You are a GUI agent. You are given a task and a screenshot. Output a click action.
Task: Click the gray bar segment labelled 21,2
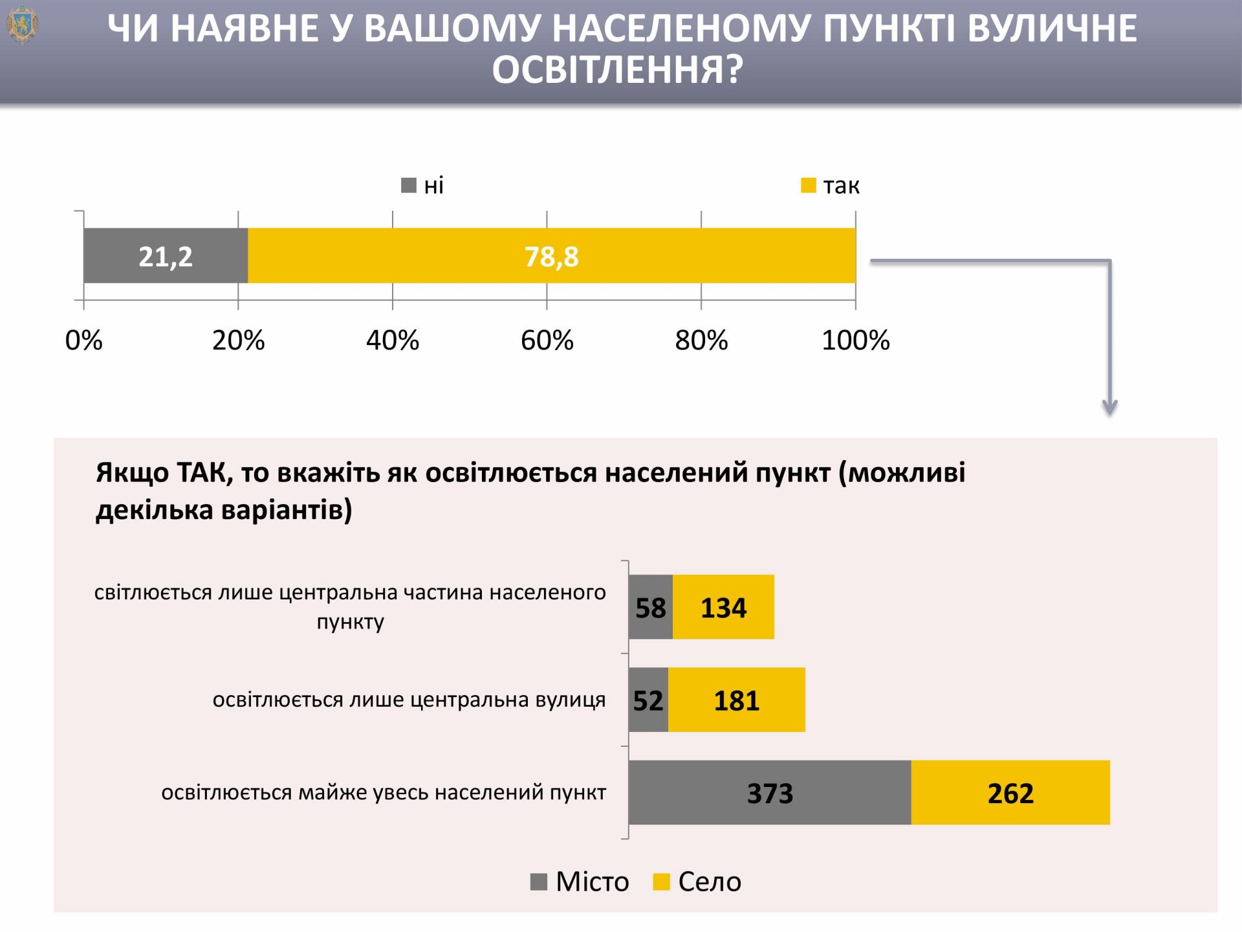coord(166,256)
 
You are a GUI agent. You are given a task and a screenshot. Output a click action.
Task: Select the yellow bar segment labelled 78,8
coord(551,256)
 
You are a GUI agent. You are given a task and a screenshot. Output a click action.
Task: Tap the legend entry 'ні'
coord(424,186)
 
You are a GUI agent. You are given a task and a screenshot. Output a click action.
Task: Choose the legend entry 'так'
coord(831,186)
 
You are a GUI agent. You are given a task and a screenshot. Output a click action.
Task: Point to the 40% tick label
coord(393,340)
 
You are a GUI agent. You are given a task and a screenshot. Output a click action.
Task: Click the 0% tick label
coord(84,340)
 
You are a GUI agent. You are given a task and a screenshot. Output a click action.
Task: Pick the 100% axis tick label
coord(855,340)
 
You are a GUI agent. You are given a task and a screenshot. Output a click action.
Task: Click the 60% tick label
coord(547,340)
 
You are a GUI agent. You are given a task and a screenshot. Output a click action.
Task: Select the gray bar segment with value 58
coord(650,607)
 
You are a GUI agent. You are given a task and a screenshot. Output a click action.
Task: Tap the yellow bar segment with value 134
coord(723,607)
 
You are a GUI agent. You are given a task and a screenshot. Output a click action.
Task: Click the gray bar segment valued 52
coord(648,700)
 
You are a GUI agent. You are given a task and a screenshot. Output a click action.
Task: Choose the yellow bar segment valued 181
coord(736,700)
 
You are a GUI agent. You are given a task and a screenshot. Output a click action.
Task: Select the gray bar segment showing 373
coord(770,792)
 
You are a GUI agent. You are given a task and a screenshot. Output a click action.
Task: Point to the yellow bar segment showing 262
coord(1010,792)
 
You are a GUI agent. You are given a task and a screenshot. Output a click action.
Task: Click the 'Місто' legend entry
coord(580,882)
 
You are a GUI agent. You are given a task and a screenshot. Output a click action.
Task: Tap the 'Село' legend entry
coord(698,882)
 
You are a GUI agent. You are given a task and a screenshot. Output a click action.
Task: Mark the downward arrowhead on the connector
coord(1110,408)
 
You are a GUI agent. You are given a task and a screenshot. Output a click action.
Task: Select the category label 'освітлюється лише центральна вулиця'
coord(409,700)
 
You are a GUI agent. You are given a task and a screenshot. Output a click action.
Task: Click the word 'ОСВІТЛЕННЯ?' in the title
coord(617,70)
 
